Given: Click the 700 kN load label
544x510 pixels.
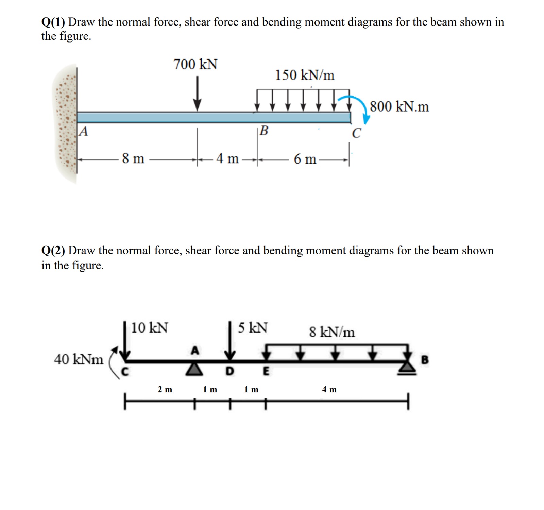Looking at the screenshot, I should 195,64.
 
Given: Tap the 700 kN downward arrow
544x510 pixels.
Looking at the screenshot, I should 197,93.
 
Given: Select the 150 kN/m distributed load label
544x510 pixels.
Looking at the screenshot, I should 305,75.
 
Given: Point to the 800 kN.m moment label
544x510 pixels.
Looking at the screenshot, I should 400,106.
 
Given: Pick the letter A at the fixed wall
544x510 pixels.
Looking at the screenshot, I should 83,131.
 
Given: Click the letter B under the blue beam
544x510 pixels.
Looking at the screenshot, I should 264,130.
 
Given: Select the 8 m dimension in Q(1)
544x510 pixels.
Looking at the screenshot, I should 133,158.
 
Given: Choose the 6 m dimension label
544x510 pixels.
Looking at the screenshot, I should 305,159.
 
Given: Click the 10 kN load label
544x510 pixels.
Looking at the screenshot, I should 150,328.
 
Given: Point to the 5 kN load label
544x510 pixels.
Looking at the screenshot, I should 253,327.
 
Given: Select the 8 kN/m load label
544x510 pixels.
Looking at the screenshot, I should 332,331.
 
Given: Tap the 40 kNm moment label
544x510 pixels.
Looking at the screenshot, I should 79,359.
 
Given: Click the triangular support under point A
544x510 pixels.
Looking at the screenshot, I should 194,369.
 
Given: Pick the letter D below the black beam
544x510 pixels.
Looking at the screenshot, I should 230,371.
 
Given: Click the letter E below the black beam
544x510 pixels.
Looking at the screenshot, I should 266,371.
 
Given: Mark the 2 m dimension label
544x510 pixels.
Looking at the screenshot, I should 165,389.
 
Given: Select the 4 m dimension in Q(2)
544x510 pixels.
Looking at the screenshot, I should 329,389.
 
